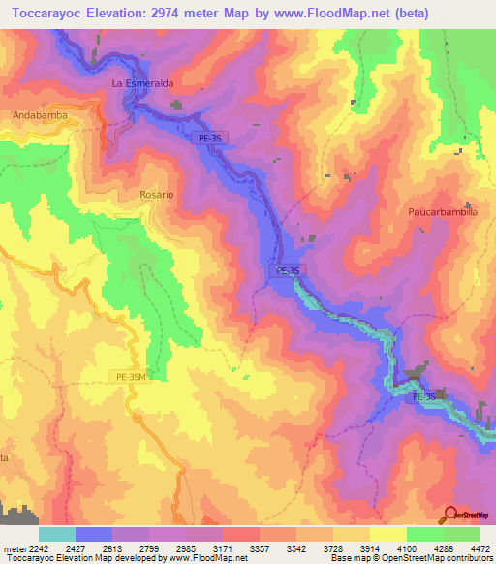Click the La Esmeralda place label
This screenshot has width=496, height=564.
click(142, 84)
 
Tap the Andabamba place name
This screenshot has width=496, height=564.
click(39, 115)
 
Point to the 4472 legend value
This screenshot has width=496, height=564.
click(480, 548)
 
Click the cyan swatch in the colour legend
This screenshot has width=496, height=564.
click(57, 534)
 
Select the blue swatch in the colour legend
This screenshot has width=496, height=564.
click(94, 534)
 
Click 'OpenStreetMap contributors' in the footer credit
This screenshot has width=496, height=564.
click(447, 559)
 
